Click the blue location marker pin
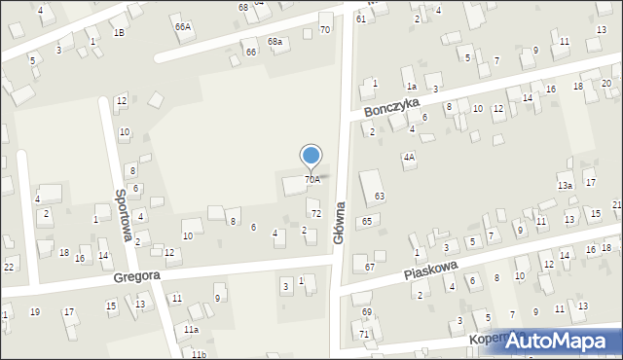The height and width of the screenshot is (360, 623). point(311,156)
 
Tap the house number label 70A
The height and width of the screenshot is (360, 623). point(311,180)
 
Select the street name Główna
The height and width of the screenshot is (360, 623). point(341,225)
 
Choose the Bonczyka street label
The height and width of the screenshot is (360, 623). point(392,106)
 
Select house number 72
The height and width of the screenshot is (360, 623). point(315,213)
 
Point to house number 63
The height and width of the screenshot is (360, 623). point(380,197)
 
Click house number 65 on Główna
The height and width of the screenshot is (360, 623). point(366,222)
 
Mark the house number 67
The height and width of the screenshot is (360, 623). point(370,267)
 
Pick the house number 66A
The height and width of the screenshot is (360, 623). point(183,27)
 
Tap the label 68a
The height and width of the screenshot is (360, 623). point(275,42)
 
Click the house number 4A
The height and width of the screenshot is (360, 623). point(409,157)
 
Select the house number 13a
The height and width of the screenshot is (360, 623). point(565,185)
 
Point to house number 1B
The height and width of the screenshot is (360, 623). point(119,32)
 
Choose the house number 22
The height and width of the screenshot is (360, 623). point(8,267)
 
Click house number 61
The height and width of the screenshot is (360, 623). point(360,18)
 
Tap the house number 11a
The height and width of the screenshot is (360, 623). point(192,330)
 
